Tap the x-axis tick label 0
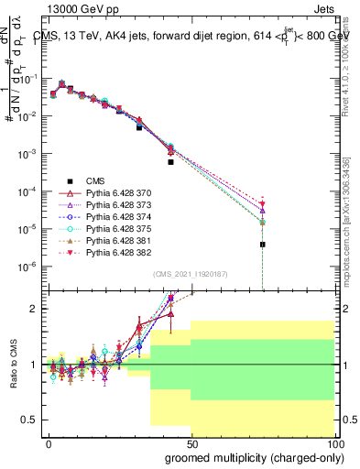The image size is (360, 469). tap(49, 442)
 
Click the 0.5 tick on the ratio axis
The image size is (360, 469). tap(30, 420)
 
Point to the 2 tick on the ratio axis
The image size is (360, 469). tap(35, 309)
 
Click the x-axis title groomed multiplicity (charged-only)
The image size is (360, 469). tap(255, 457)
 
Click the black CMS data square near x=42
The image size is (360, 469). tap(170, 162)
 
